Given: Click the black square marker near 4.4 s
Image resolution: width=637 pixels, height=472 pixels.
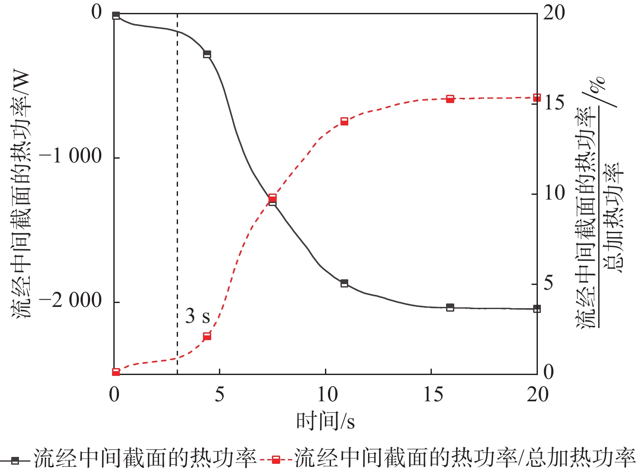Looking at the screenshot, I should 207,54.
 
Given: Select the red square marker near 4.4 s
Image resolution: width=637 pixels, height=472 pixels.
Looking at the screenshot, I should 207,336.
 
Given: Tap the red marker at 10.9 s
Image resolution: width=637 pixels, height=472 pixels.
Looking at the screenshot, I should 344,122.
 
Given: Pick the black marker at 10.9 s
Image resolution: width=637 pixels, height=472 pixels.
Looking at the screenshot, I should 344,283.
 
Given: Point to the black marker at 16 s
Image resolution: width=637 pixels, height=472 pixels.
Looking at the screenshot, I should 450,307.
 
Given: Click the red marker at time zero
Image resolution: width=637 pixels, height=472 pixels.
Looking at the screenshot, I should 116,372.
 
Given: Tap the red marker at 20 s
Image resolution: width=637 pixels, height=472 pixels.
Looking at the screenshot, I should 537,98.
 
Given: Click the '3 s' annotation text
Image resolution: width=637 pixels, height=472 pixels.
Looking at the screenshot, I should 197,316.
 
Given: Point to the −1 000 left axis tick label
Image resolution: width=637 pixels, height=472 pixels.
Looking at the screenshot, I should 70,156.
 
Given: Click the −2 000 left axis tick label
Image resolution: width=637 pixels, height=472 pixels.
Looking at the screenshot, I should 70,300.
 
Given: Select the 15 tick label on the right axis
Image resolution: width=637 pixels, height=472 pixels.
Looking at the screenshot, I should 554,103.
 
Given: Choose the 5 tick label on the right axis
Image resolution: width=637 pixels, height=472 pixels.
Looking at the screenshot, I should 548,283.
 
